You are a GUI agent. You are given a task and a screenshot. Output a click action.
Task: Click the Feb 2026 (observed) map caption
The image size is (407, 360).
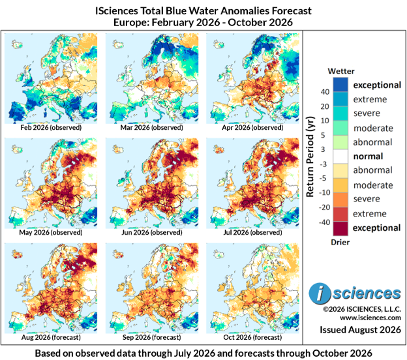tap(51, 127)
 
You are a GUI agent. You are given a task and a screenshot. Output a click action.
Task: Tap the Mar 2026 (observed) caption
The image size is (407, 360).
tap(151, 127)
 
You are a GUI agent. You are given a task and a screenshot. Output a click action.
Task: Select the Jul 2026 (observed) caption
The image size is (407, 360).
tap(252, 232)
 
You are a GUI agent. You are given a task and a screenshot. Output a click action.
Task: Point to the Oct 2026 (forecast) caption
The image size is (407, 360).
tap(252, 337)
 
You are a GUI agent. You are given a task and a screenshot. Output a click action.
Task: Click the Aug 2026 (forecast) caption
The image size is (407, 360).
tap(51, 337)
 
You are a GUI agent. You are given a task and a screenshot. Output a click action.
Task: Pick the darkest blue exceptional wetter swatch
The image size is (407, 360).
tap(340, 85)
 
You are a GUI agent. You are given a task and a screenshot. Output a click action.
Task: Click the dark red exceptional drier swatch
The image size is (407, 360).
tap(340, 228)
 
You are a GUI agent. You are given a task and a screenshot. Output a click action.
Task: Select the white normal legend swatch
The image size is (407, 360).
tap(340, 157)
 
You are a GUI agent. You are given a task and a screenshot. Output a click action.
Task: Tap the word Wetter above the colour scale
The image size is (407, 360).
tap(341, 71)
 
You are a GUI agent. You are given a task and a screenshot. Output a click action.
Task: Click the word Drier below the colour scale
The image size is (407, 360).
tap(340, 242)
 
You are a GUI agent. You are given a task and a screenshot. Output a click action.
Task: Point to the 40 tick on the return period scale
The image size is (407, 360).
tap(325, 91)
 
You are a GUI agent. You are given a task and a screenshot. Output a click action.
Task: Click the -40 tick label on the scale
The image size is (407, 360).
tap(324, 222)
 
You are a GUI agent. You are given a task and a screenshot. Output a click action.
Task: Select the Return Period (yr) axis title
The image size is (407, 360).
tap(310, 157)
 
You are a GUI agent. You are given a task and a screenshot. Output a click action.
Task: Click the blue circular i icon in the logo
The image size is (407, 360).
tap(320, 293)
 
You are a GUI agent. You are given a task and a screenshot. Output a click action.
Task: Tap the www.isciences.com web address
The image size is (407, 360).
tap(370, 318)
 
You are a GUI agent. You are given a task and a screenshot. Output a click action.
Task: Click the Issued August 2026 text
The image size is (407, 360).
tap(360, 329)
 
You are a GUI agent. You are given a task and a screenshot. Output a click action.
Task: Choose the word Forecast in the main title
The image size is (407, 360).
tap(292, 11)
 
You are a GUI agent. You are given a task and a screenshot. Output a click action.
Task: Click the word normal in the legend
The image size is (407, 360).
tap(368, 157)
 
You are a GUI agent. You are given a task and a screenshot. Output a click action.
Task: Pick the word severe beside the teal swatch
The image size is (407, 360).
tap(367, 113)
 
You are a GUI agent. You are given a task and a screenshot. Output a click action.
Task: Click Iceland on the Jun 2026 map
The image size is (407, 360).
tap(117, 149)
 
